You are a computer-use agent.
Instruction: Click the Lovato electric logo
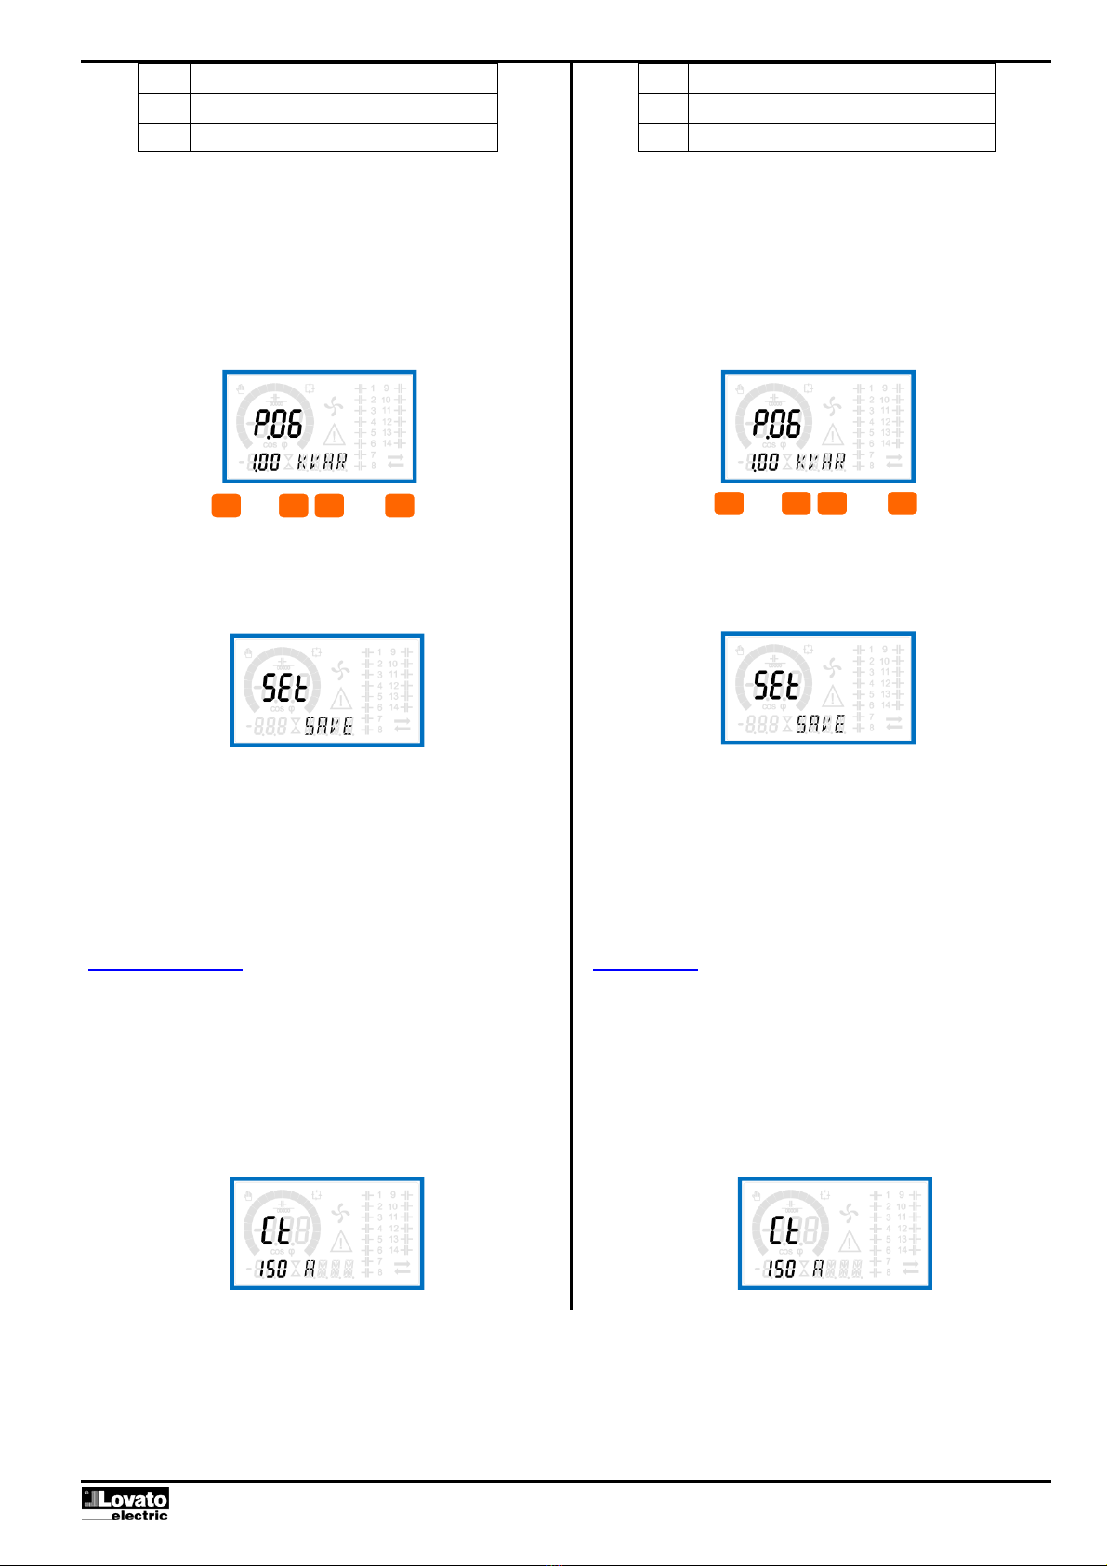point(125,1503)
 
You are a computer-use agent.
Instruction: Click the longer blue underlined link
point(165,967)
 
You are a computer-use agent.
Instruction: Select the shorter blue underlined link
point(645,967)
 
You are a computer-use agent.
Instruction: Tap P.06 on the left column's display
point(279,425)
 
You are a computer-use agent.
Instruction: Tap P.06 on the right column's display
point(777,425)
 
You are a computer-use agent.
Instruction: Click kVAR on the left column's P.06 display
point(322,462)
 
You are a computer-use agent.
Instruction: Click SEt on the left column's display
point(284,689)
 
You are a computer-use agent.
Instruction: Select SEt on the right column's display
point(776,687)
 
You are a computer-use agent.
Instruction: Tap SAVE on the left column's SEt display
point(329,726)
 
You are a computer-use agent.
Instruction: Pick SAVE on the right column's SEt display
point(821,724)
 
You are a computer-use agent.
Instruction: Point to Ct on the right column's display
point(784,1231)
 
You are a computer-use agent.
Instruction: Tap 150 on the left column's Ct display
point(272,1269)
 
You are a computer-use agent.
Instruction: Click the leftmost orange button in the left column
point(226,506)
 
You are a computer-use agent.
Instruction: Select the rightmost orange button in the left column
point(400,506)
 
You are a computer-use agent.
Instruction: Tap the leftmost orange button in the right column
point(729,504)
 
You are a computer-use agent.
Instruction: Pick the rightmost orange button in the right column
point(902,504)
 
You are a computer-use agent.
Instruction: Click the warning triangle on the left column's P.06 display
point(334,434)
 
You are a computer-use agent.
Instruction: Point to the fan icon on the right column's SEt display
point(833,668)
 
